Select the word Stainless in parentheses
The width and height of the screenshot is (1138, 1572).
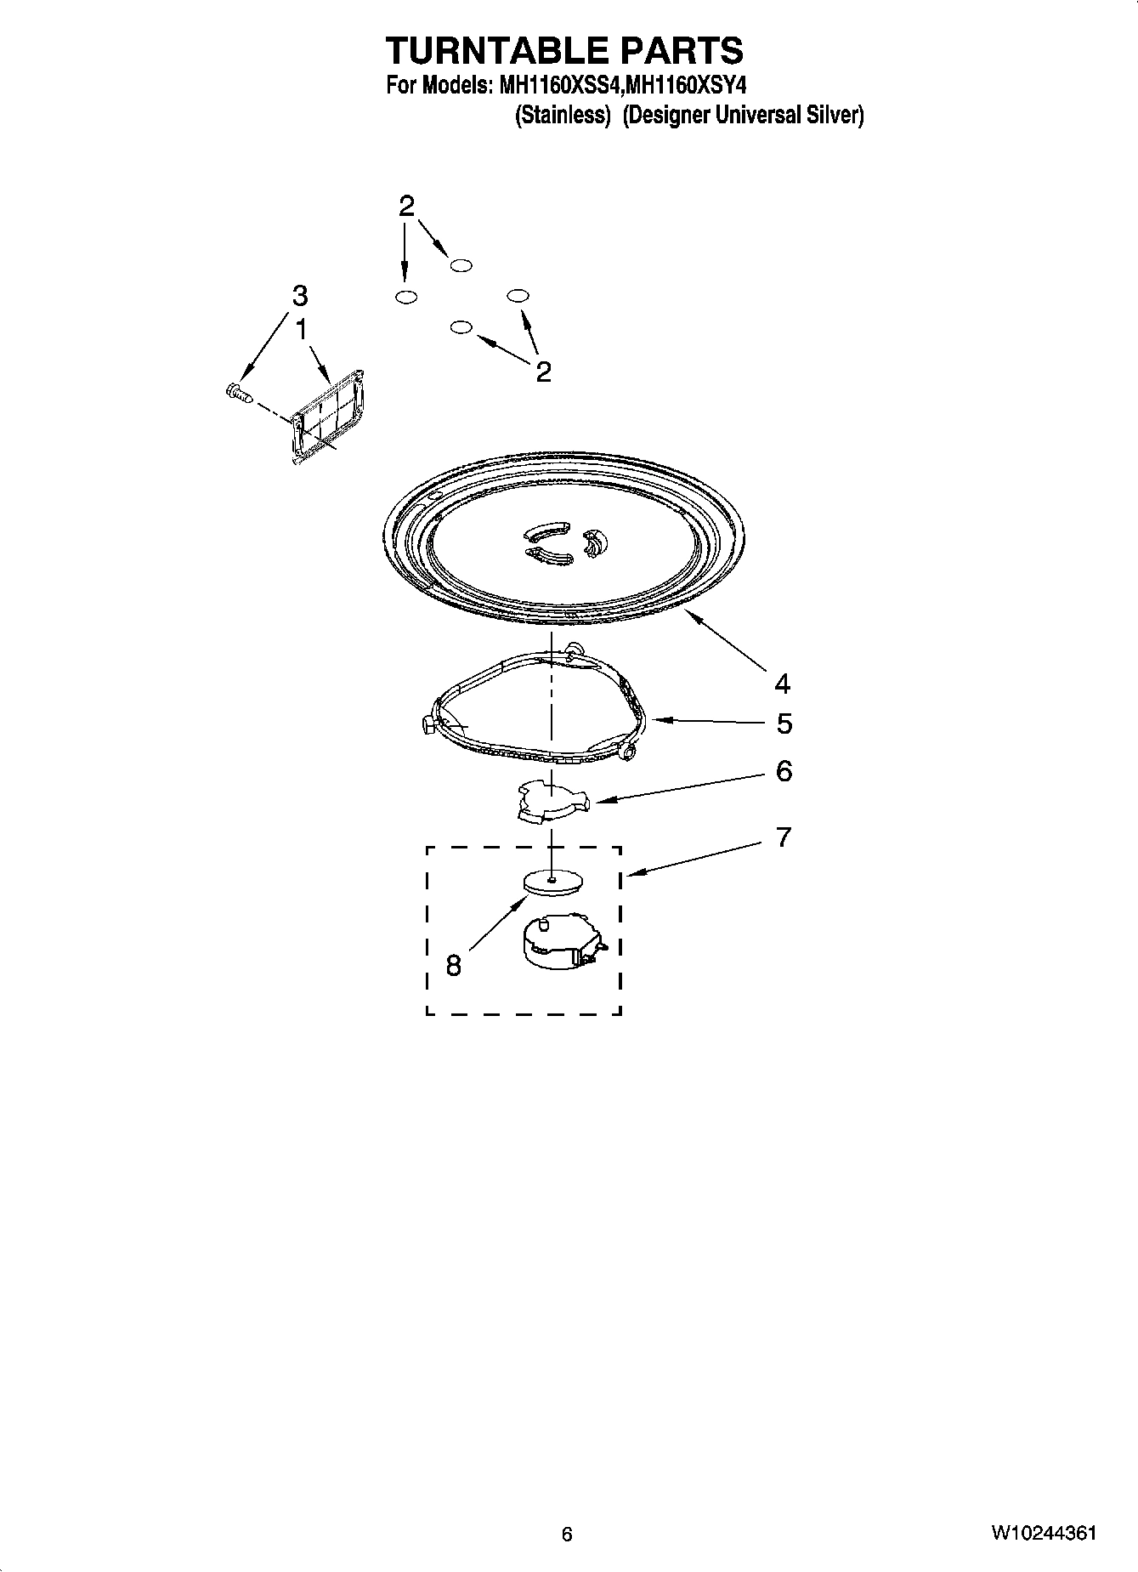tap(563, 116)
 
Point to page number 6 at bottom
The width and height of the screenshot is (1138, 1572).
tap(567, 1534)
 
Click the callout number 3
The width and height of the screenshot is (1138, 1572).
tap(299, 296)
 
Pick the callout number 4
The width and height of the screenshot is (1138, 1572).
tap(782, 683)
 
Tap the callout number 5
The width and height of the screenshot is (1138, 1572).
tap(784, 724)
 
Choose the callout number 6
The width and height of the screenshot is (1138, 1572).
tap(784, 771)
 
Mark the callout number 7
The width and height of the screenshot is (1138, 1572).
tap(784, 837)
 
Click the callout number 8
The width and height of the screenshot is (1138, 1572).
tap(453, 965)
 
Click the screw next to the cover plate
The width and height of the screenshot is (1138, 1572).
tap(238, 393)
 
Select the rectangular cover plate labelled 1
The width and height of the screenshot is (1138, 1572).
tap(328, 416)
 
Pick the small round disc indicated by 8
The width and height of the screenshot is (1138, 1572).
tap(552, 881)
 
